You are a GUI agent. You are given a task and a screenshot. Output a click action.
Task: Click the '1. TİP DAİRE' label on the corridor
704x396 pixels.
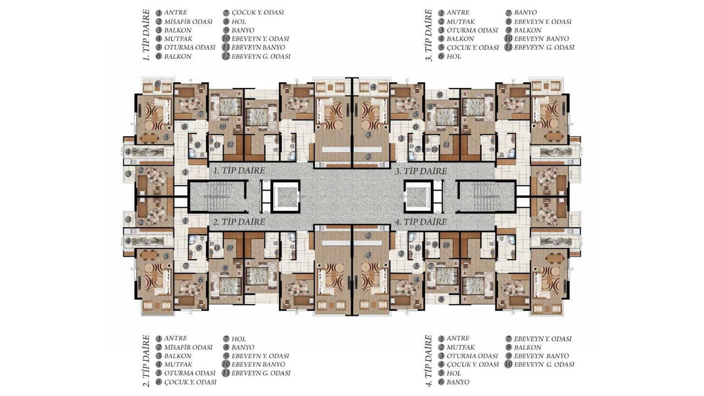[x=239, y=170]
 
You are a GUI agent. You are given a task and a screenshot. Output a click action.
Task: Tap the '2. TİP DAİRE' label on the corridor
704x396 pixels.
[x=239, y=222]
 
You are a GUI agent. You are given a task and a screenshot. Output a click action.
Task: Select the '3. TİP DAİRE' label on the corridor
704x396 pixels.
[x=421, y=171]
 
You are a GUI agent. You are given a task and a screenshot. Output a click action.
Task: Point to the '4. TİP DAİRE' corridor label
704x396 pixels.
[x=421, y=222]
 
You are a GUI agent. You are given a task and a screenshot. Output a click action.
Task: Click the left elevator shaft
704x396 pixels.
[x=286, y=197]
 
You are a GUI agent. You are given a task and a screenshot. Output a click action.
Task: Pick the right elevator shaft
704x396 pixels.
[x=418, y=197]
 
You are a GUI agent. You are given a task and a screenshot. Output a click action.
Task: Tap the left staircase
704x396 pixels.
[x=218, y=197]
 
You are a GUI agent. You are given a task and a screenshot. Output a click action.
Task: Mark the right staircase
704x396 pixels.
[x=486, y=197]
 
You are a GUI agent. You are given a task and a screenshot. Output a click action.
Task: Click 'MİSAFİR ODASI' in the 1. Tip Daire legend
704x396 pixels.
[x=188, y=22]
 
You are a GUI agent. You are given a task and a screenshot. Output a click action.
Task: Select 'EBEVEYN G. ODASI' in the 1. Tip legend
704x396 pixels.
[x=261, y=56]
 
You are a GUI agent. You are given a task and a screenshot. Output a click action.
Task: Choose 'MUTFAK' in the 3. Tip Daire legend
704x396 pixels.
[x=461, y=22]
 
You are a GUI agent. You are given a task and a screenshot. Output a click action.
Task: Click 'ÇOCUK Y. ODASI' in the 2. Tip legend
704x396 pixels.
[x=190, y=382]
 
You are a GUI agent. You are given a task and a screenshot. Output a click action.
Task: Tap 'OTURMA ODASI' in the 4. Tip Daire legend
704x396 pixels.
[x=472, y=356]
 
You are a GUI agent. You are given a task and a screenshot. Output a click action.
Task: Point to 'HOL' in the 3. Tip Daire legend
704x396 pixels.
[x=454, y=56]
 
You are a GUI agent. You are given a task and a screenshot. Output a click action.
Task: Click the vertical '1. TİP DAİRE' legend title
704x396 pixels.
[x=146, y=35]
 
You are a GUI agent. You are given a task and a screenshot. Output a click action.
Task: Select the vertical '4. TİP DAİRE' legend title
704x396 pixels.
[x=429, y=361]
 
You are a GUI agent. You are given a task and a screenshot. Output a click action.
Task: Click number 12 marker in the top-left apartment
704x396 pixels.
[x=230, y=144]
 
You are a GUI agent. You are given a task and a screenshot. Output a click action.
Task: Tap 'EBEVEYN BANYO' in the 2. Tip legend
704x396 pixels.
[x=258, y=364]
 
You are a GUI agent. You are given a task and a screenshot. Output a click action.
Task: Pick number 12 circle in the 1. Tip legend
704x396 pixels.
[x=226, y=56]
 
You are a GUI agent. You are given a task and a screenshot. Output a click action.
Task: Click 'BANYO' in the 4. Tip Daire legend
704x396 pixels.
[x=458, y=382]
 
